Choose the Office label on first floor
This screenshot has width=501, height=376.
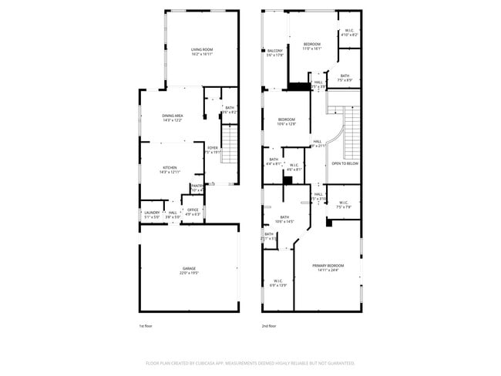193,212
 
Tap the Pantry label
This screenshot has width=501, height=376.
197,187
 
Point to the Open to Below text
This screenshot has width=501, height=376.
345,163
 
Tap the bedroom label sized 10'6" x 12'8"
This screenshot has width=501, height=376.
287,121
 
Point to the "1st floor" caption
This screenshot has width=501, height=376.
146,326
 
